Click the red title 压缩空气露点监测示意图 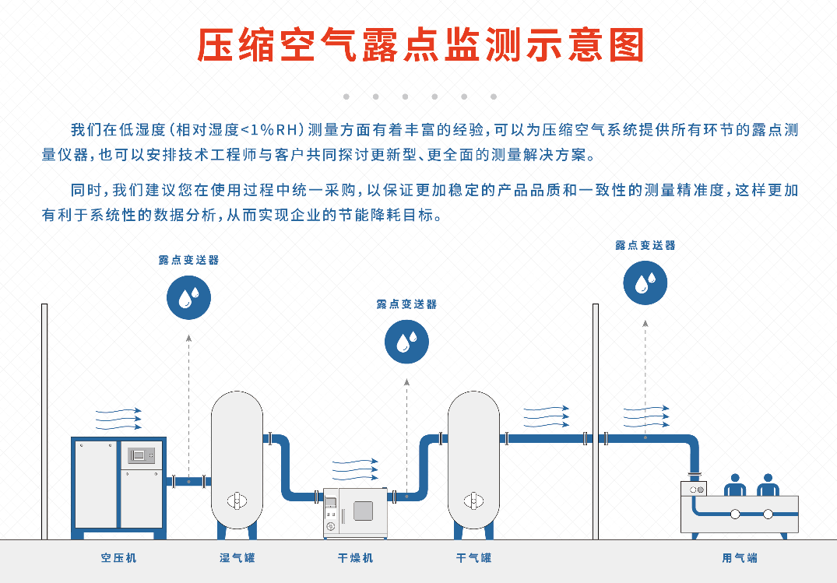(x=420, y=46)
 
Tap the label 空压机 (x=118, y=558)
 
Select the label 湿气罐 (x=237, y=558)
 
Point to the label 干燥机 (x=355, y=558)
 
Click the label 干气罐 (x=473, y=558)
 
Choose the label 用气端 (x=739, y=558)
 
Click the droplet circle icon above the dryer (x=406, y=342)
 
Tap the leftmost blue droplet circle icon (x=188, y=297)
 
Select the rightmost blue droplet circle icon (x=645, y=283)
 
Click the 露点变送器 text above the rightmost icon (x=645, y=245)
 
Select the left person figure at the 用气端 (x=735, y=485)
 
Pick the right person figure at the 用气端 (x=768, y=485)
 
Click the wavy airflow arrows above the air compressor (x=118, y=419)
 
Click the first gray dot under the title (x=346, y=97)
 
